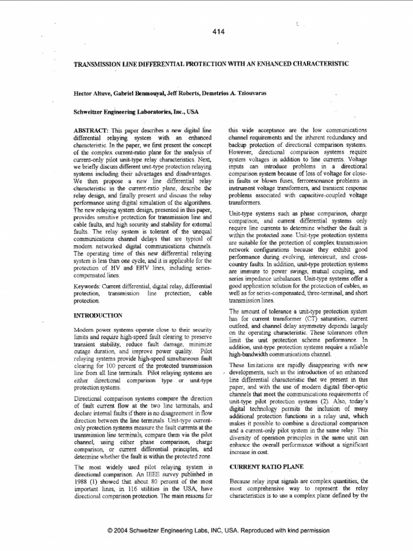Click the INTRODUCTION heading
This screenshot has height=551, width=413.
(x=98, y=314)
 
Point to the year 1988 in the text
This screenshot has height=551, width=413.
(x=81, y=481)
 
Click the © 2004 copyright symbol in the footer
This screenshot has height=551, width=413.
(x=110, y=530)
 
